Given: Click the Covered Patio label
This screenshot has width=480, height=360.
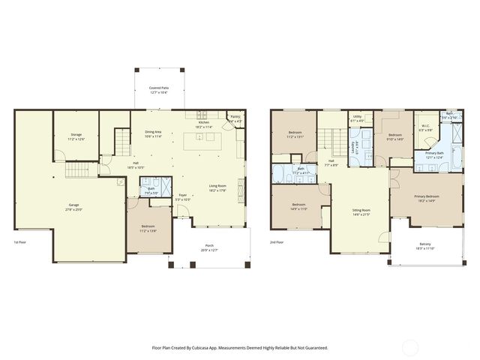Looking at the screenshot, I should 158,89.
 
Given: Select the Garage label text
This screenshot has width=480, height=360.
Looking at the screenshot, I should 73,205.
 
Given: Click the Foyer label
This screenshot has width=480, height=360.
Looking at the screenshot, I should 182,197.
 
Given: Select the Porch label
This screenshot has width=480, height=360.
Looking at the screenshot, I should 209,247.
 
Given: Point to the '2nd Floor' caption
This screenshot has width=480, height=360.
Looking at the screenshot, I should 277,242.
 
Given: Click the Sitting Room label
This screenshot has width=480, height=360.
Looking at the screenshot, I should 361,212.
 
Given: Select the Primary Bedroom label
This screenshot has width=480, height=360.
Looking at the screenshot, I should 426,198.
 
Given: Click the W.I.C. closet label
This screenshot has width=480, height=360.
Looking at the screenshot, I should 424,127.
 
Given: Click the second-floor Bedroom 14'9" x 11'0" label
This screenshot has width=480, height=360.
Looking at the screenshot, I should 298,206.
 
